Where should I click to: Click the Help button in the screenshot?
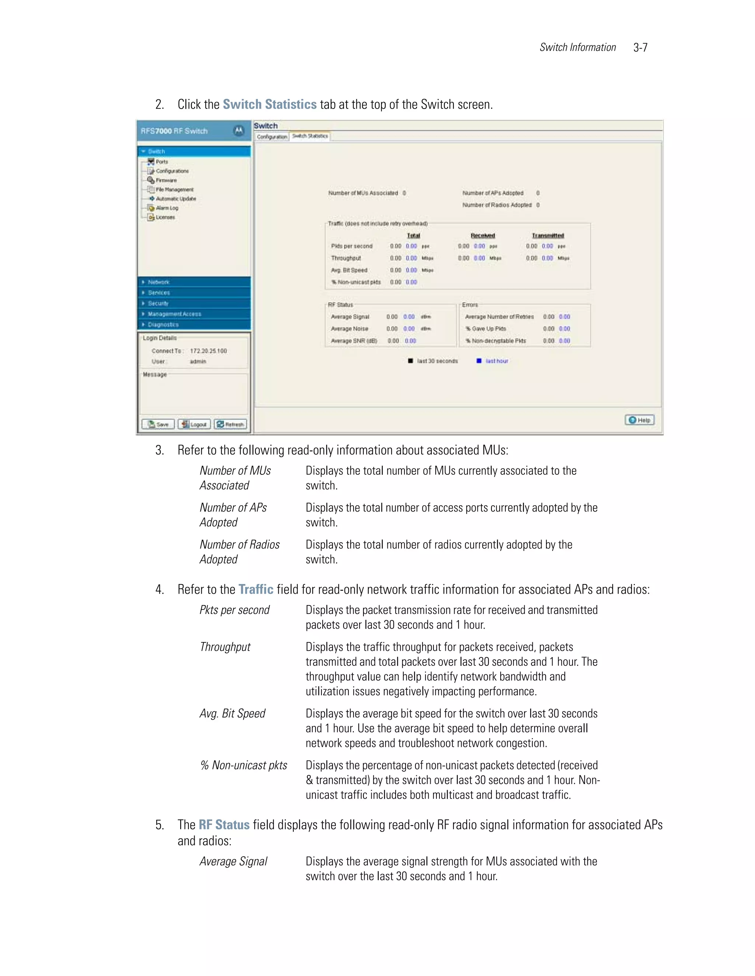tap(639, 420)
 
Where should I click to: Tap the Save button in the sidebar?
tap(158, 424)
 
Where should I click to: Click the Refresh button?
tap(230, 424)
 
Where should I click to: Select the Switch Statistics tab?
tap(310, 136)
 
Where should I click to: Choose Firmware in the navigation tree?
tap(166, 180)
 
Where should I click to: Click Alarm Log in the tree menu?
tap(167, 208)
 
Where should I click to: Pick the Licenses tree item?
tap(165, 217)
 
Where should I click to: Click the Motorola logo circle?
tap(239, 130)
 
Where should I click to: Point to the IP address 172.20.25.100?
tap(208, 351)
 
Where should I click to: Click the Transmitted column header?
tap(548, 235)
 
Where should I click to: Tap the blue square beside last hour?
tap(479, 361)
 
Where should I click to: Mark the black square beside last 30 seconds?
tap(410, 361)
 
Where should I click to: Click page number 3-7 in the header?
tap(640, 48)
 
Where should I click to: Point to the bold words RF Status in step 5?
tap(224, 825)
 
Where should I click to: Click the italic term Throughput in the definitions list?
tap(225, 647)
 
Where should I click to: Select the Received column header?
tap(483, 235)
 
